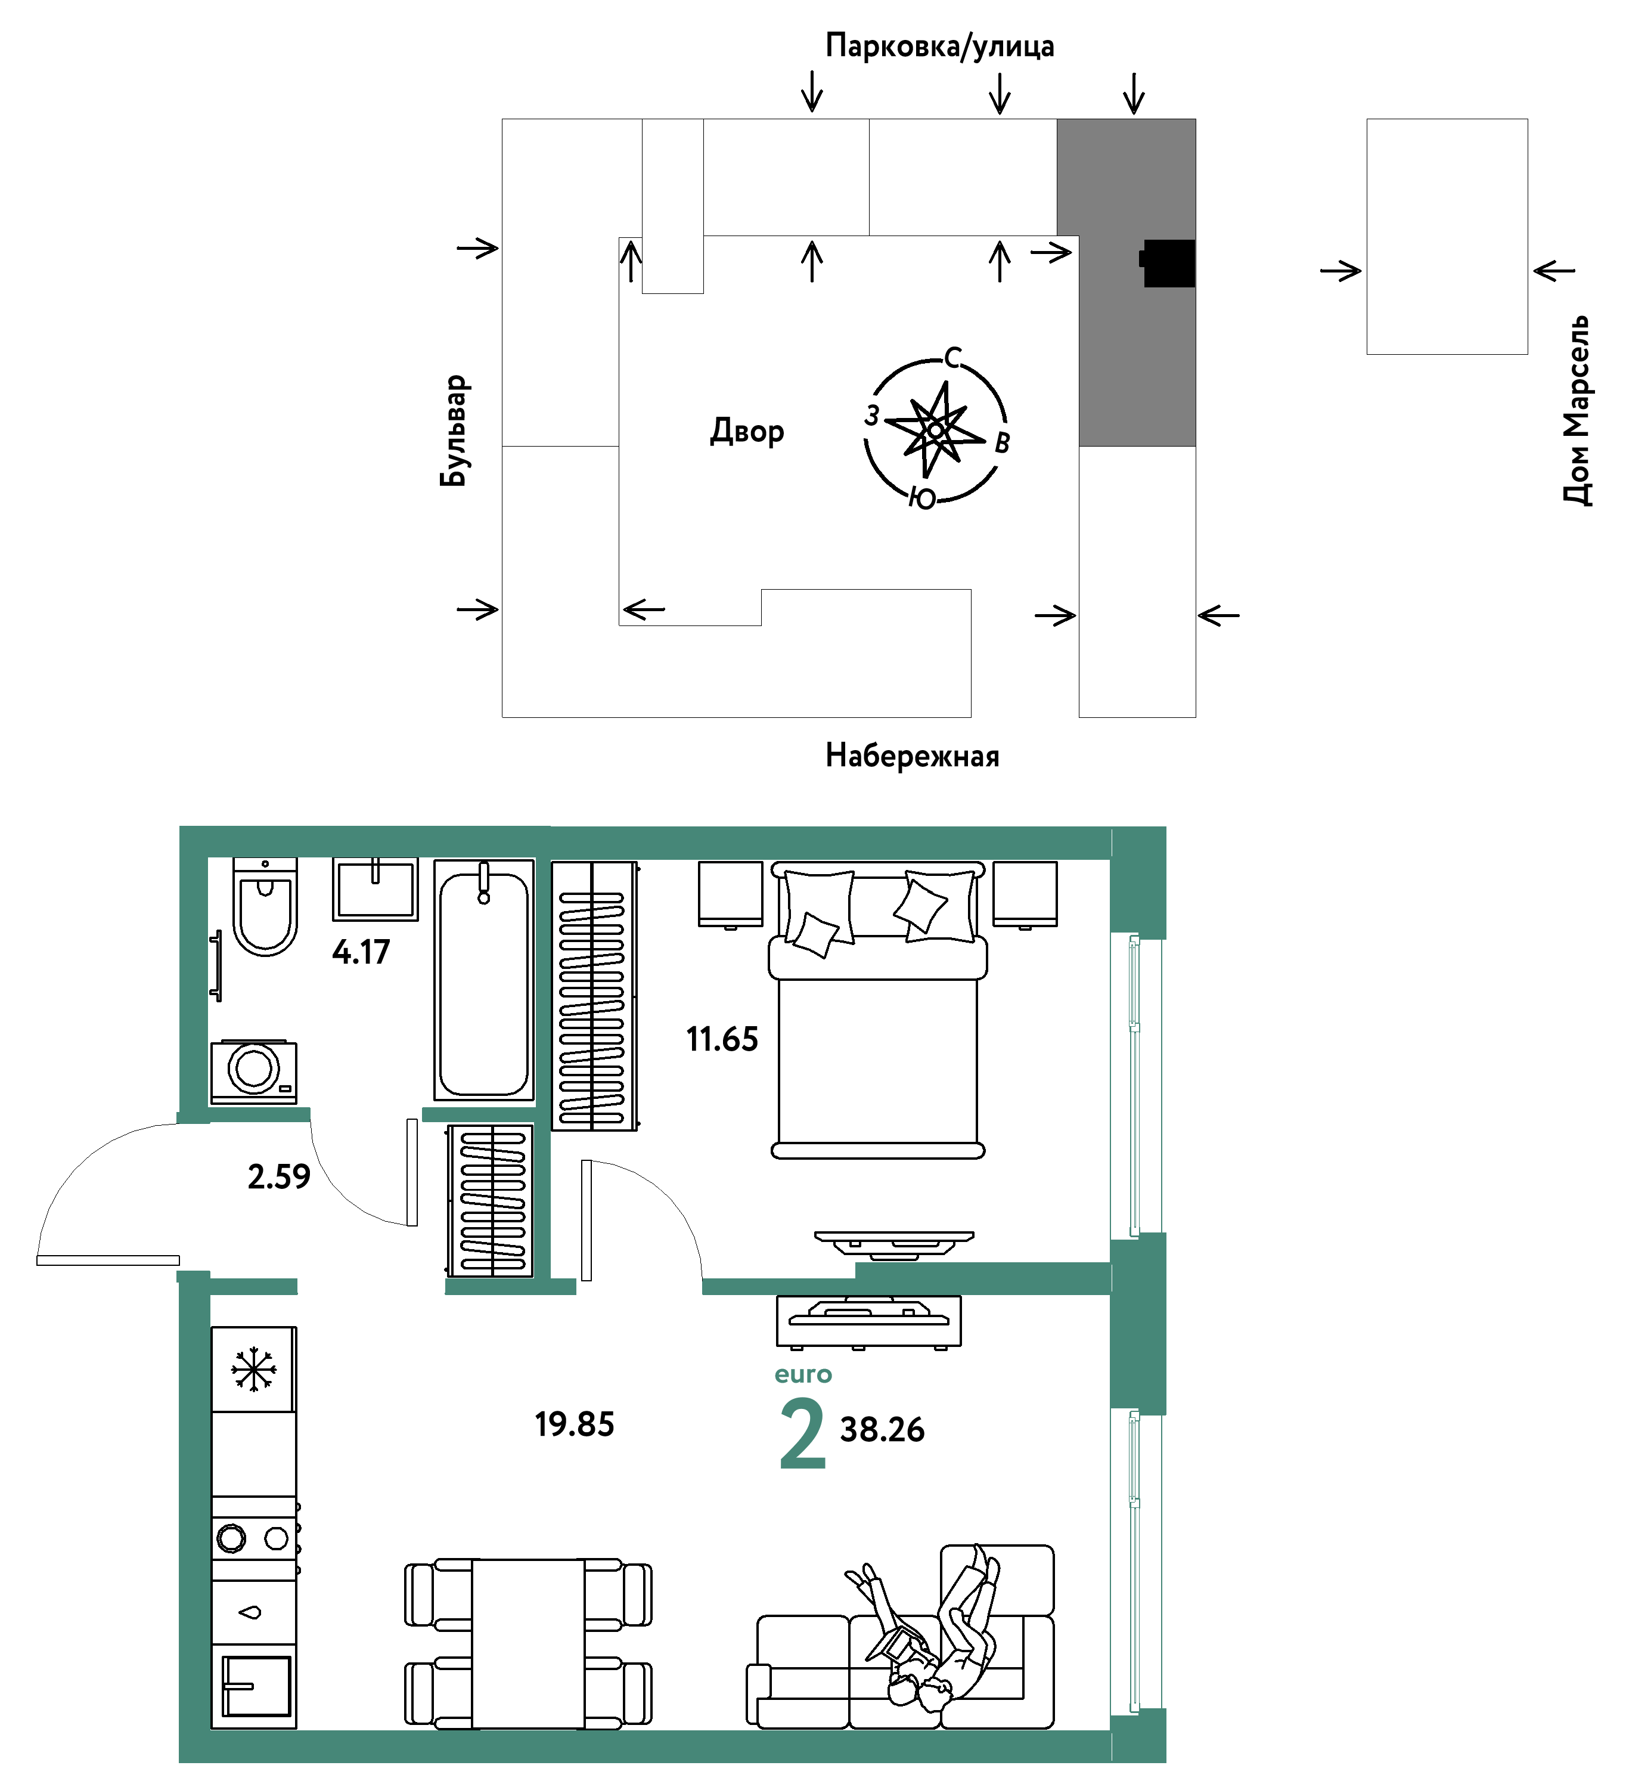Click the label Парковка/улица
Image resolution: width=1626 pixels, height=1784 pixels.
[939, 46]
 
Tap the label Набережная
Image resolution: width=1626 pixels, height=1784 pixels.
[912, 755]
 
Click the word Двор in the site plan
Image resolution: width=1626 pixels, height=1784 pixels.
[747, 431]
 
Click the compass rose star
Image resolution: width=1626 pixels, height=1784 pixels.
[935, 429]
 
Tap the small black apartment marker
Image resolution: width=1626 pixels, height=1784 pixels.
[1167, 263]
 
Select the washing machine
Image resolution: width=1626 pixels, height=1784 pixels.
[254, 1071]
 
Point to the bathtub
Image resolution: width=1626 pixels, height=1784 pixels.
[484, 980]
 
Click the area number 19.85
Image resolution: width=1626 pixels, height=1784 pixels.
[574, 1424]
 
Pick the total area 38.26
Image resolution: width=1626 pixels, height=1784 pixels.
[882, 1430]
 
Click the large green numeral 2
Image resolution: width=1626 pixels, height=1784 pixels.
[802, 1433]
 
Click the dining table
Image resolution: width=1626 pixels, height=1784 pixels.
[528, 1643]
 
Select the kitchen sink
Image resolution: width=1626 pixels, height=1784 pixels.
[256, 1686]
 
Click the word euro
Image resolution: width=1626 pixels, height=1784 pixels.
[803, 1374]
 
